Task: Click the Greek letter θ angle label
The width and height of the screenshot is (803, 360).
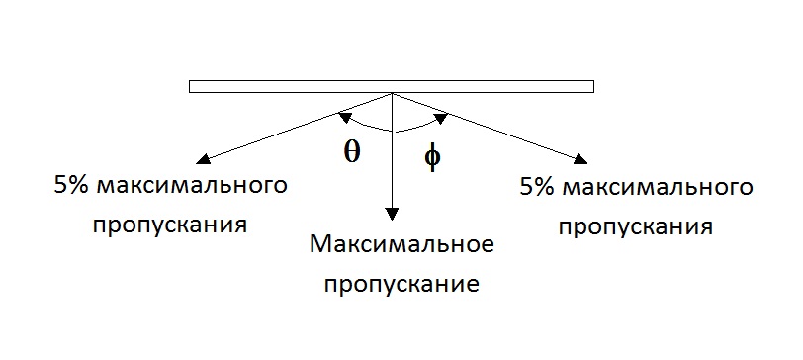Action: [x=352, y=152]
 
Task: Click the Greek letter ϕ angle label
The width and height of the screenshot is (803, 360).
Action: [x=431, y=156]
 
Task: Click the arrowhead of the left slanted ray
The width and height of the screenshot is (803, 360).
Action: [x=204, y=158]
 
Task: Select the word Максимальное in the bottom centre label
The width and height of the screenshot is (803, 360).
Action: [x=401, y=243]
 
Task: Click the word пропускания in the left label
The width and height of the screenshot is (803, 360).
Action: [x=169, y=224]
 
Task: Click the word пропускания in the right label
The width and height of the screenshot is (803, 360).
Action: [x=635, y=226]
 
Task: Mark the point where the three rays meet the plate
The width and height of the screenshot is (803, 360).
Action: [x=393, y=94]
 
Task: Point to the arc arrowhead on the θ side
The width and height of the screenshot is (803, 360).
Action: [x=344, y=119]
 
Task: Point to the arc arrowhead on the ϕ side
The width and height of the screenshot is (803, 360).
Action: [x=441, y=119]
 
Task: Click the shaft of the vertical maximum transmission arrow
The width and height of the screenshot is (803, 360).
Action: [x=393, y=158]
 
